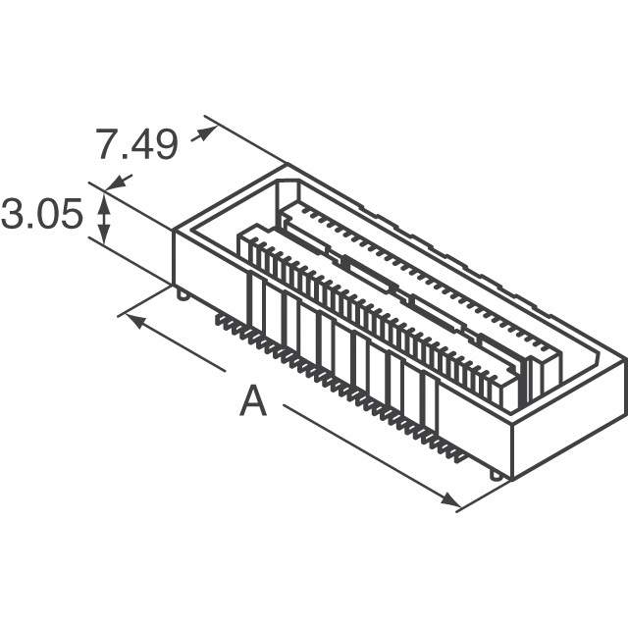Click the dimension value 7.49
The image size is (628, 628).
(x=136, y=144)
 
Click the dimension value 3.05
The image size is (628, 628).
(x=42, y=214)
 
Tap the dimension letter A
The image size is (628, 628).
(x=253, y=400)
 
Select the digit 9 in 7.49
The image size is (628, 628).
(x=166, y=144)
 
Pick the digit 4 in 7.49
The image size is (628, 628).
(x=139, y=144)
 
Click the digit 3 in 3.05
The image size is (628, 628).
(x=13, y=214)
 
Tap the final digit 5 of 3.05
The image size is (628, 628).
(x=72, y=214)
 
